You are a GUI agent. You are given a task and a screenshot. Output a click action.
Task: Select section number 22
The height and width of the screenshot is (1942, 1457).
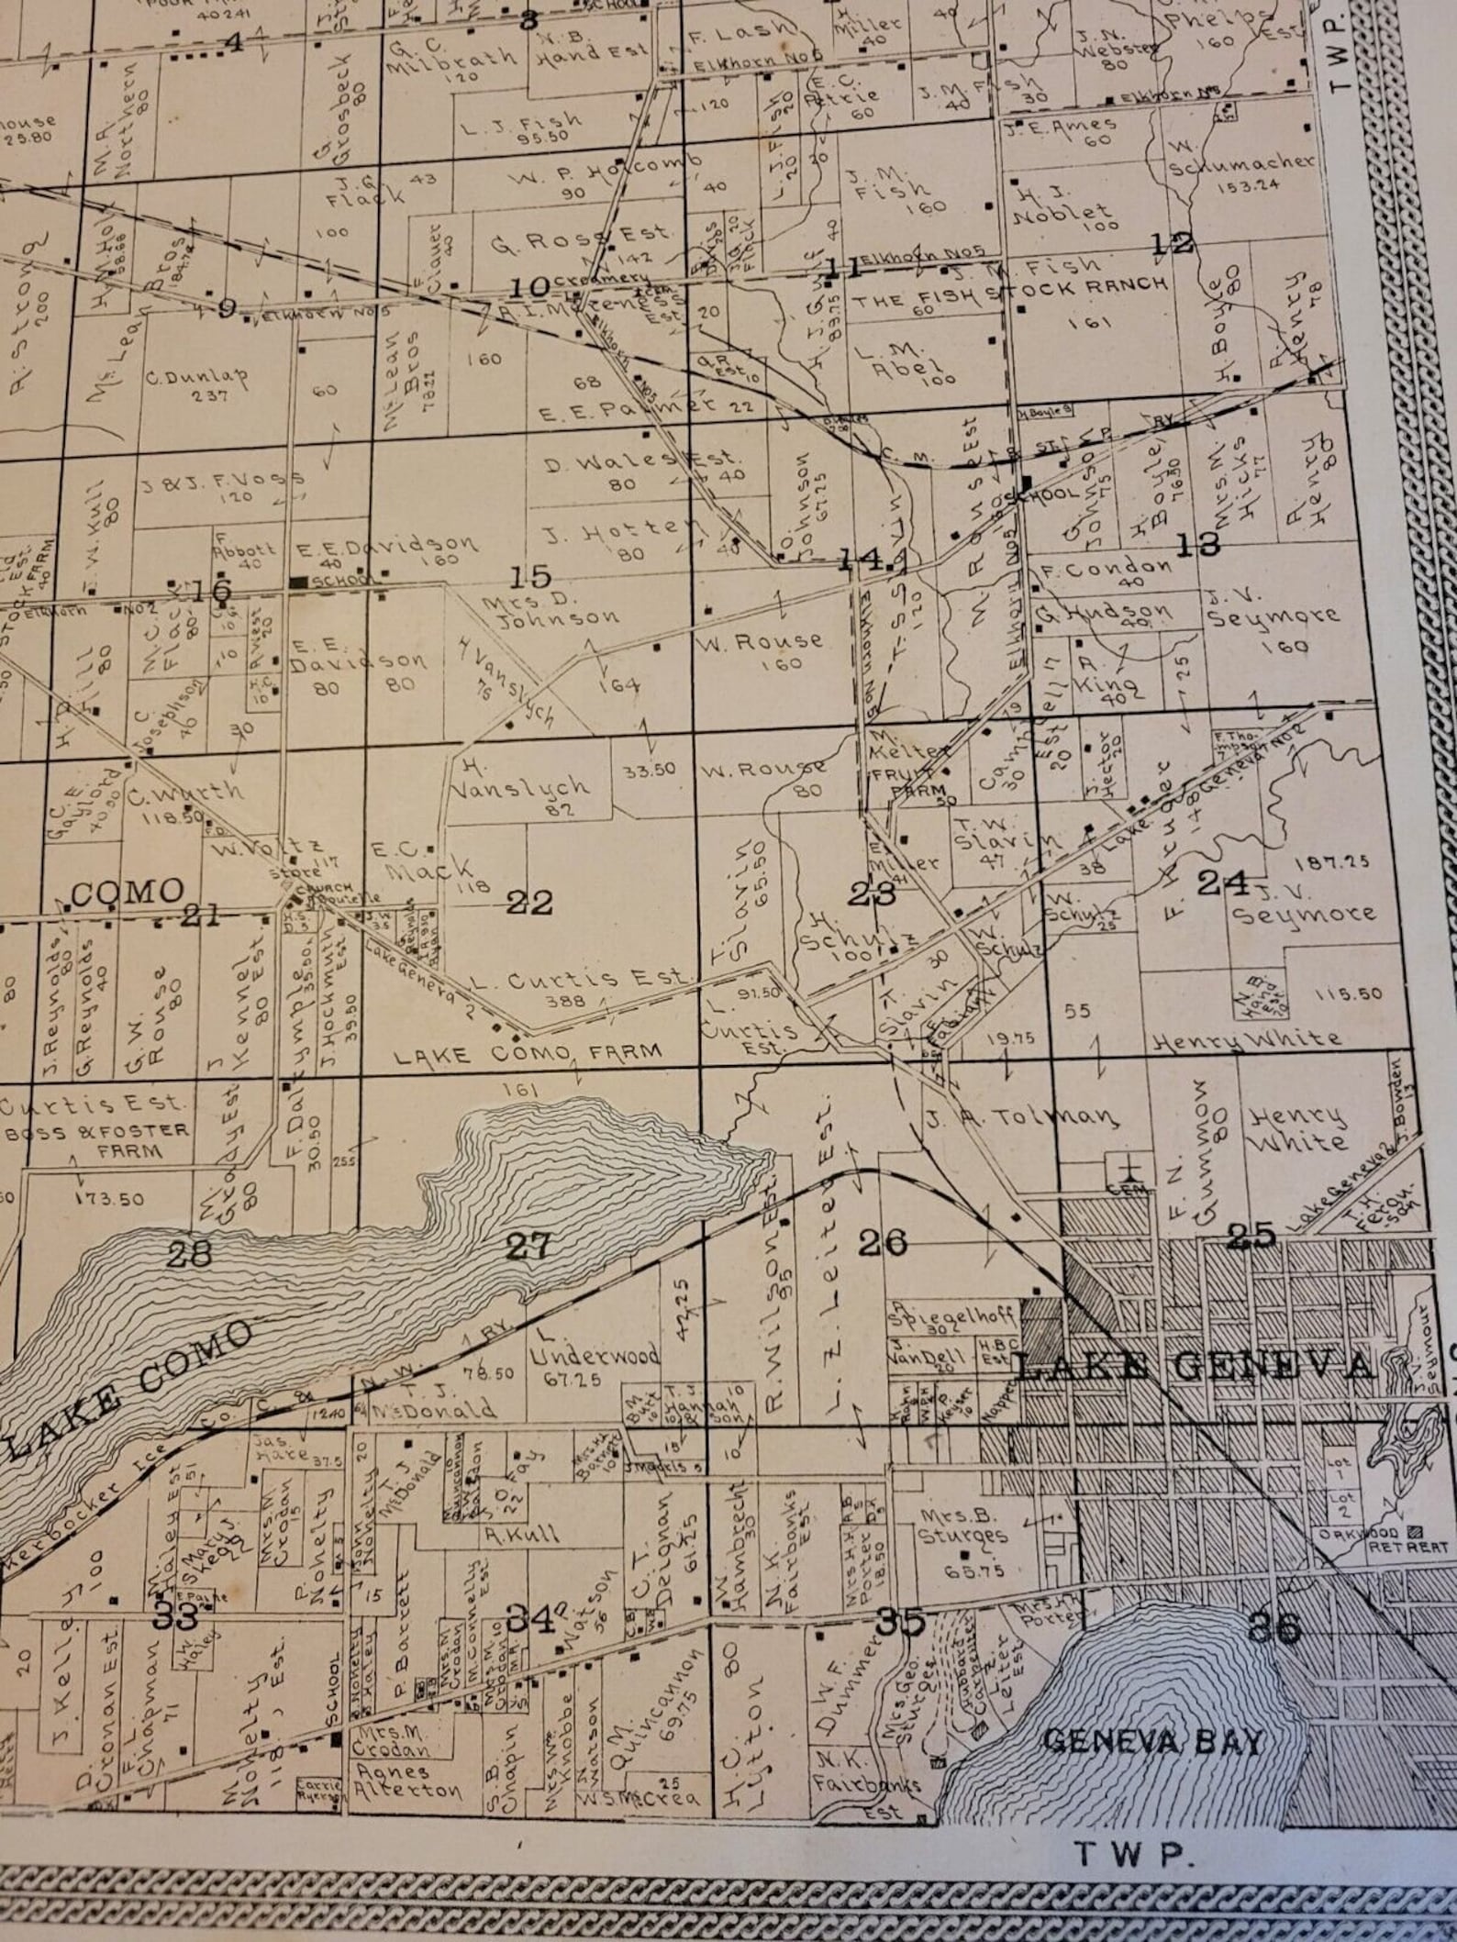click(530, 904)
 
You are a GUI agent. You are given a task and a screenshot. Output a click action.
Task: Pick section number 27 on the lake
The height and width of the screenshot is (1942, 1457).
click(530, 1246)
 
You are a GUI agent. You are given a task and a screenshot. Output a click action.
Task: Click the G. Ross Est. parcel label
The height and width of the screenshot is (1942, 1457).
click(580, 240)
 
